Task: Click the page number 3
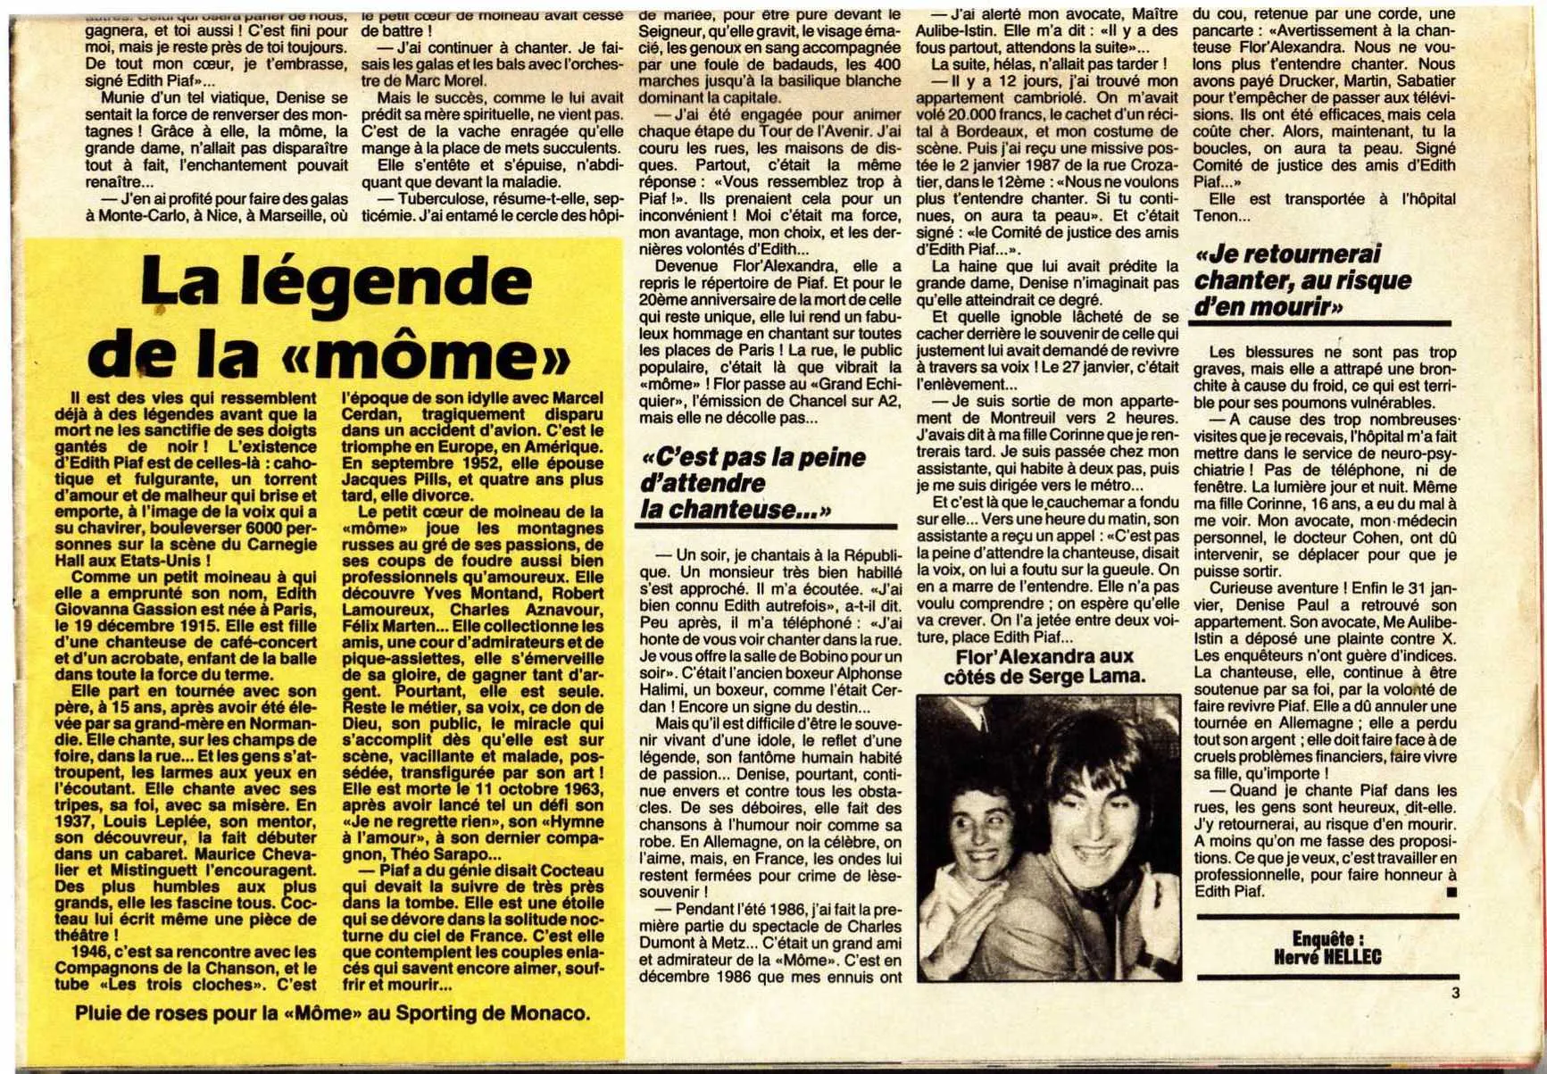[1456, 992]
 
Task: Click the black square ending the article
[1451, 892]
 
